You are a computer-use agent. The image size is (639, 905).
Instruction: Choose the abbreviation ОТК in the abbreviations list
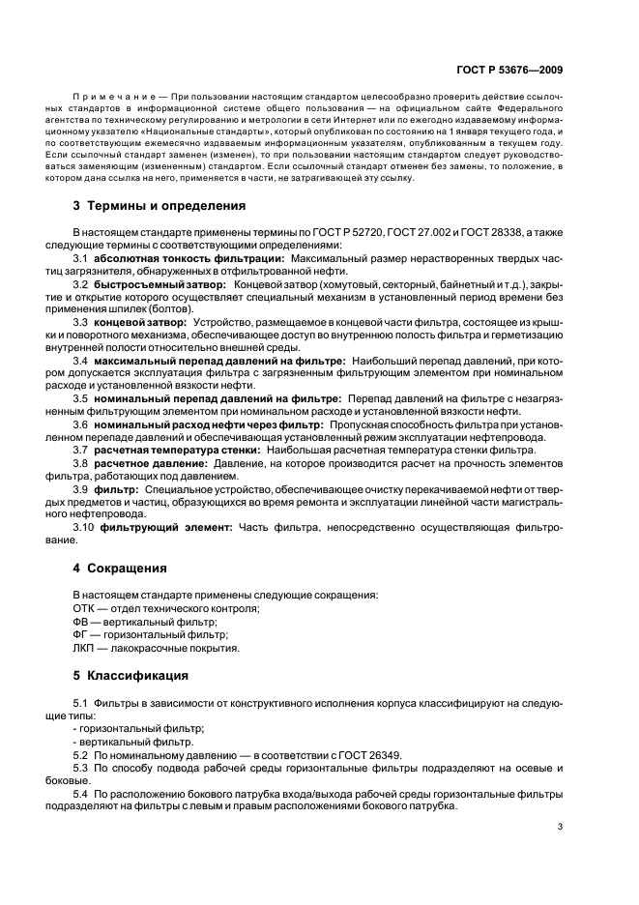tap(84, 607)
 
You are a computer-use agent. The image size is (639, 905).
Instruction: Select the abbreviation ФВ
tap(81, 621)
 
